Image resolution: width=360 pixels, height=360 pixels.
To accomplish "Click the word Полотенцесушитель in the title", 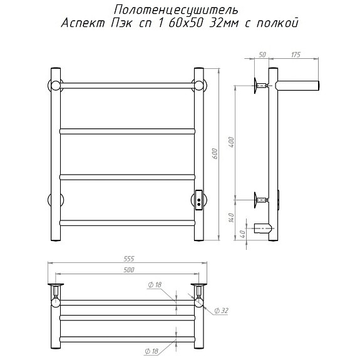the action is coord(176,11).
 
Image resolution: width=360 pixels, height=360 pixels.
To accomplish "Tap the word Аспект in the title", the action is coord(83,23).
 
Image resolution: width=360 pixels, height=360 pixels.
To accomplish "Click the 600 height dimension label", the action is coord(215,154).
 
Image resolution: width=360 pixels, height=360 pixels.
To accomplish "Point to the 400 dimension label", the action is coord(231,142).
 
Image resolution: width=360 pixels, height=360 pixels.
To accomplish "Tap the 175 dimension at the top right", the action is coord(296,55).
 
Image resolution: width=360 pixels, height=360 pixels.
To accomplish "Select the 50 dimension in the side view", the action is coord(262,55).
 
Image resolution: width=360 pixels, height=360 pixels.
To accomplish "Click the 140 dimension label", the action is coord(231,218).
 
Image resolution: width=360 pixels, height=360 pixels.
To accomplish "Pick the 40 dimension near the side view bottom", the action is coord(242,234).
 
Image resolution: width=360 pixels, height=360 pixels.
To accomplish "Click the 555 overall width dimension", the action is coord(128,259).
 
